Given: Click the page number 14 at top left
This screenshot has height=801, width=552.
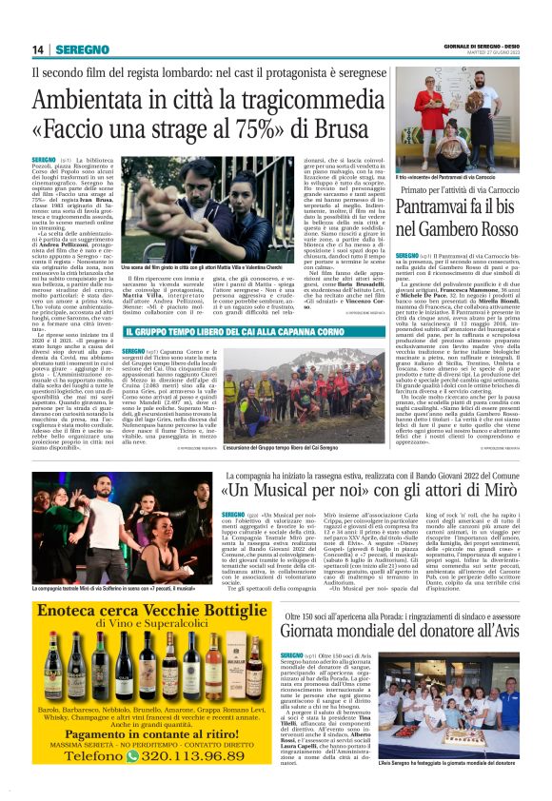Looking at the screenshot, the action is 38,49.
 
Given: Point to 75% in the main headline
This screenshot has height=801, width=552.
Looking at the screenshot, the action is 243,127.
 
